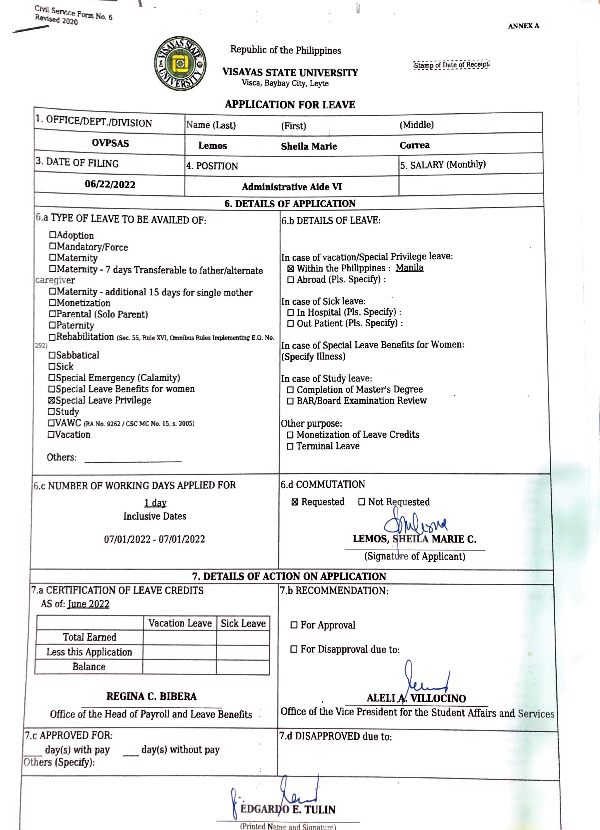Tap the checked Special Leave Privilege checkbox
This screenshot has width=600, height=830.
(52, 400)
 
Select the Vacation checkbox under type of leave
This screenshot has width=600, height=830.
(51, 435)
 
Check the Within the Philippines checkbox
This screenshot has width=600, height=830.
(290, 269)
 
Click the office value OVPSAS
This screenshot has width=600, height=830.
(110, 143)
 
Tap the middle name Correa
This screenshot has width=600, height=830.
(414, 145)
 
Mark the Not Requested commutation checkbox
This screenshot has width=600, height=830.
(361, 502)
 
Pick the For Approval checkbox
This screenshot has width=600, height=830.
(293, 625)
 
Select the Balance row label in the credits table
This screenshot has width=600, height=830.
(89, 667)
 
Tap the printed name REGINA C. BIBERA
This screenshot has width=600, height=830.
(151, 696)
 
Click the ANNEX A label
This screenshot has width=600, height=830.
(523, 26)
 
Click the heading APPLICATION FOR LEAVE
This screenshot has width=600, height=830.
(290, 105)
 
